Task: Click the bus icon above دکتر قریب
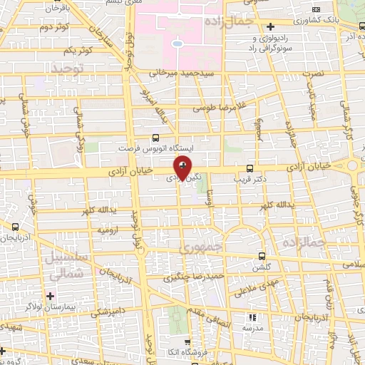[x=249, y=168]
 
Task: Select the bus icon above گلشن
[x=261, y=255]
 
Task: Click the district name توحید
[x=68, y=68]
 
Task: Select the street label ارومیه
[x=108, y=231]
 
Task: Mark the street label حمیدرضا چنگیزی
[x=194, y=274]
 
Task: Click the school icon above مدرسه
[x=251, y=317]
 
